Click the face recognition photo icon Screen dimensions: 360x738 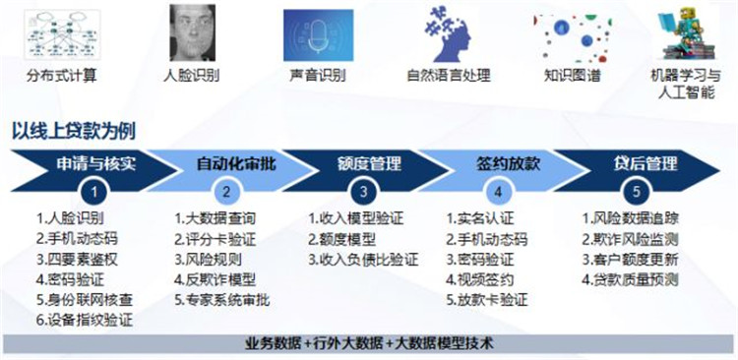pos(193,32)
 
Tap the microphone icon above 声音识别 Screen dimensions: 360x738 pos(318,34)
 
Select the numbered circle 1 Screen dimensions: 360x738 pos(94,192)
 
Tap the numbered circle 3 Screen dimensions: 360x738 pos(363,192)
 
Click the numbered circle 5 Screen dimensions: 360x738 pos(637,192)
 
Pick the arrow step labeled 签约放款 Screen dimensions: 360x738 pos(503,163)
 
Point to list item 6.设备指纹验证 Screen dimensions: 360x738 pos(84,320)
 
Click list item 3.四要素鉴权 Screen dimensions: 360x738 pos(77,259)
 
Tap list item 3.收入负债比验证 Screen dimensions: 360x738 pos(363,259)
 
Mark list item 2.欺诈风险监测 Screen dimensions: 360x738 pos(629,239)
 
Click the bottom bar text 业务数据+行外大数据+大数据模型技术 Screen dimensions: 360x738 pos(368,344)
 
